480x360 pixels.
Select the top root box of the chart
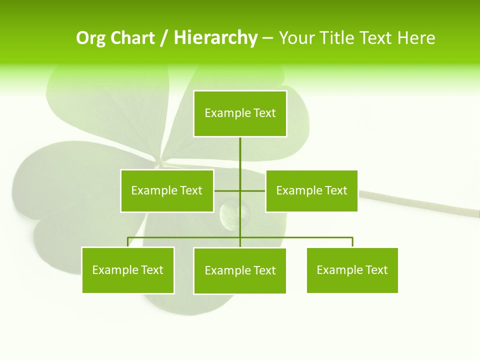(x=240, y=113)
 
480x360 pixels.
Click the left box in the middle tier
(x=167, y=190)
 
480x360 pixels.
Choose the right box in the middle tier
(x=311, y=190)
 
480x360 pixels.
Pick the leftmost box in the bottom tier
(x=128, y=270)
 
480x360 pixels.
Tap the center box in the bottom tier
(x=240, y=270)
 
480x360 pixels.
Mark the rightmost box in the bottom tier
(x=352, y=270)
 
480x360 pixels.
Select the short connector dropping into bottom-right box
(x=352, y=242)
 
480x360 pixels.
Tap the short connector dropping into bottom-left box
(x=128, y=242)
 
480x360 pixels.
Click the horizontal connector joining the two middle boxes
(x=227, y=190)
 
